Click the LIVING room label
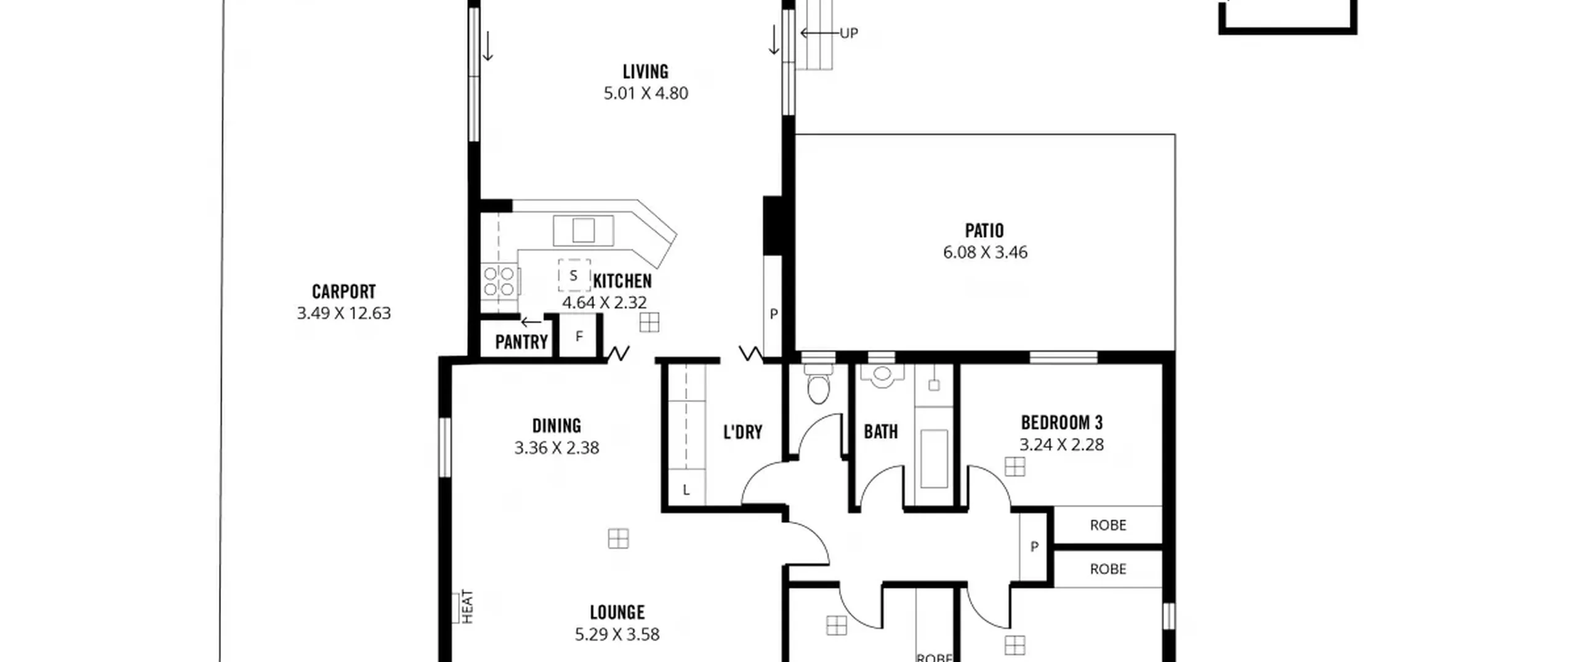click(x=645, y=72)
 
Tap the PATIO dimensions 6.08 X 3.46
click(x=985, y=252)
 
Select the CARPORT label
click(x=344, y=291)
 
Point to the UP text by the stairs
click(x=849, y=33)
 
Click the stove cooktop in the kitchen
click(x=499, y=281)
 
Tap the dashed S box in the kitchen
click(x=574, y=275)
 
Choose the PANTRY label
click(x=521, y=342)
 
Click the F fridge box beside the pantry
click(x=579, y=336)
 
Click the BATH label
click(x=881, y=432)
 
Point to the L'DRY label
click(x=742, y=432)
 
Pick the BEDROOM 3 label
click(x=1061, y=422)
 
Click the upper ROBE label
click(x=1108, y=525)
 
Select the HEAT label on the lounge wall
click(x=468, y=607)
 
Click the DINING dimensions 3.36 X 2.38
click(x=557, y=448)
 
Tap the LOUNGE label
click(x=617, y=612)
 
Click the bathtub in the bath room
click(x=934, y=459)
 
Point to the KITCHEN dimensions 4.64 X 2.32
click(x=604, y=303)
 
